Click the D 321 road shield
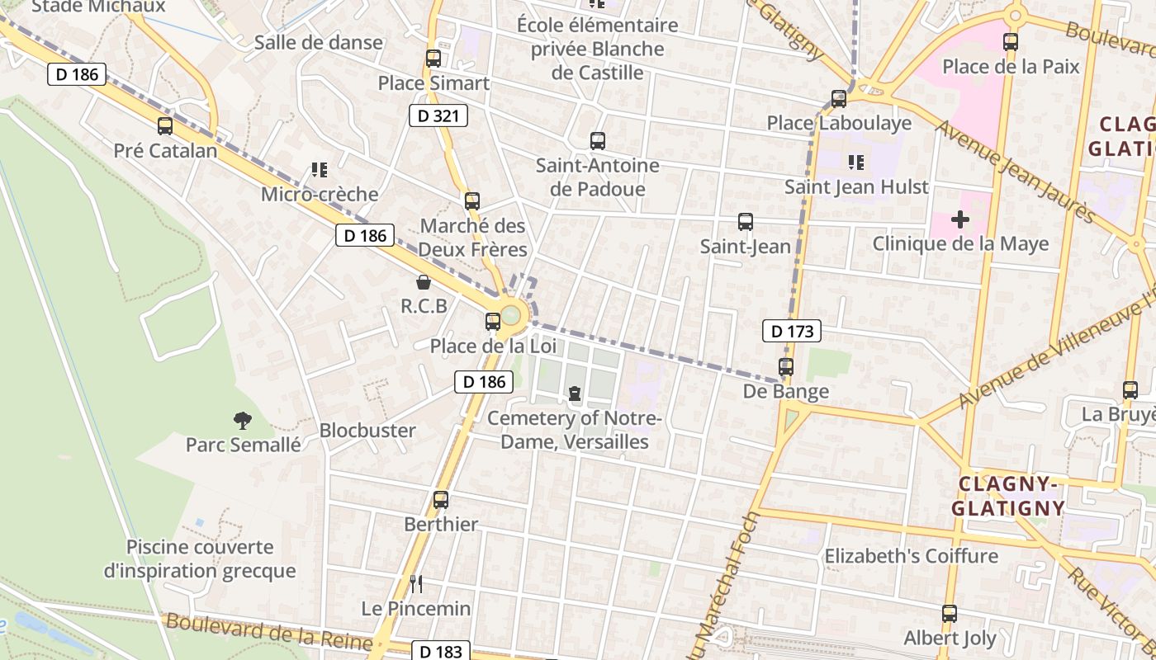tap(438, 115)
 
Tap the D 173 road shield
tap(792, 332)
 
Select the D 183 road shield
tap(441, 651)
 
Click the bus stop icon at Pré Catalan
tap(165, 126)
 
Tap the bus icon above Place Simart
tap(433, 59)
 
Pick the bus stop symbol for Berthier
tap(441, 500)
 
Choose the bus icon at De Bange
tap(786, 367)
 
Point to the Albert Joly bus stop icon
tap(950, 614)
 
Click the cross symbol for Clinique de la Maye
tap(959, 219)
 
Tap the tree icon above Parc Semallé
tap(243, 421)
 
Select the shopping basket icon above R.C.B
tap(424, 283)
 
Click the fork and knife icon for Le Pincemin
tap(416, 584)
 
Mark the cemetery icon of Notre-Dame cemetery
tap(575, 394)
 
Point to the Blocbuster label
tap(367, 431)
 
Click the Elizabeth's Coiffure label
tap(912, 556)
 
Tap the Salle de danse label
tap(319, 43)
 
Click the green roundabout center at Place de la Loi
tap(511, 314)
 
